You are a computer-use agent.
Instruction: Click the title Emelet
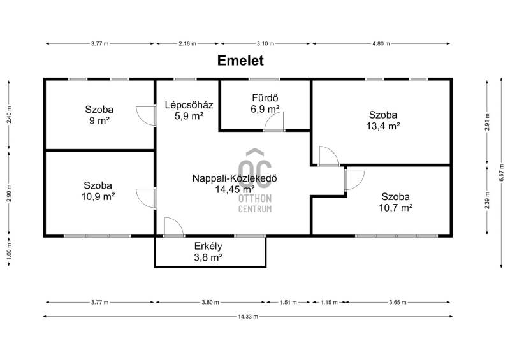click(x=240, y=61)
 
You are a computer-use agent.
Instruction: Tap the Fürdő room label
click(x=265, y=97)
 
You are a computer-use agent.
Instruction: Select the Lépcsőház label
click(x=189, y=105)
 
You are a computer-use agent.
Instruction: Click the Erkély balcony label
click(x=208, y=246)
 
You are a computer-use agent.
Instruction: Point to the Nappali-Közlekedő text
click(x=235, y=178)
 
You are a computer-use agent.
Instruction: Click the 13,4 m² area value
click(x=383, y=126)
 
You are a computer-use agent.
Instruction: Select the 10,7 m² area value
click(x=396, y=208)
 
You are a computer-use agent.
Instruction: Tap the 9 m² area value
click(x=99, y=120)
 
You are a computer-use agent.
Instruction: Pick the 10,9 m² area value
click(x=98, y=196)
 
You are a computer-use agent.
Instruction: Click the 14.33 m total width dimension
click(x=248, y=317)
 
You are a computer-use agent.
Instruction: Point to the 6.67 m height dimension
click(x=502, y=175)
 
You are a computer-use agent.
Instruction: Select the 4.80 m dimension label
click(x=381, y=43)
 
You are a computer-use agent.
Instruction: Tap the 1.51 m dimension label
click(x=288, y=303)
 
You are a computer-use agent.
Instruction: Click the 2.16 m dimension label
click(x=187, y=43)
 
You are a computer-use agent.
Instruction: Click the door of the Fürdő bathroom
click(x=274, y=121)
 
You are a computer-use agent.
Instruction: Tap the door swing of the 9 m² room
click(x=146, y=116)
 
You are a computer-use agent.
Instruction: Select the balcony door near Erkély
click(x=174, y=227)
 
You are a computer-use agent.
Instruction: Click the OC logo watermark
click(x=255, y=169)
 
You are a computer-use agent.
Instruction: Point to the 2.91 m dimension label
click(x=487, y=122)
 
